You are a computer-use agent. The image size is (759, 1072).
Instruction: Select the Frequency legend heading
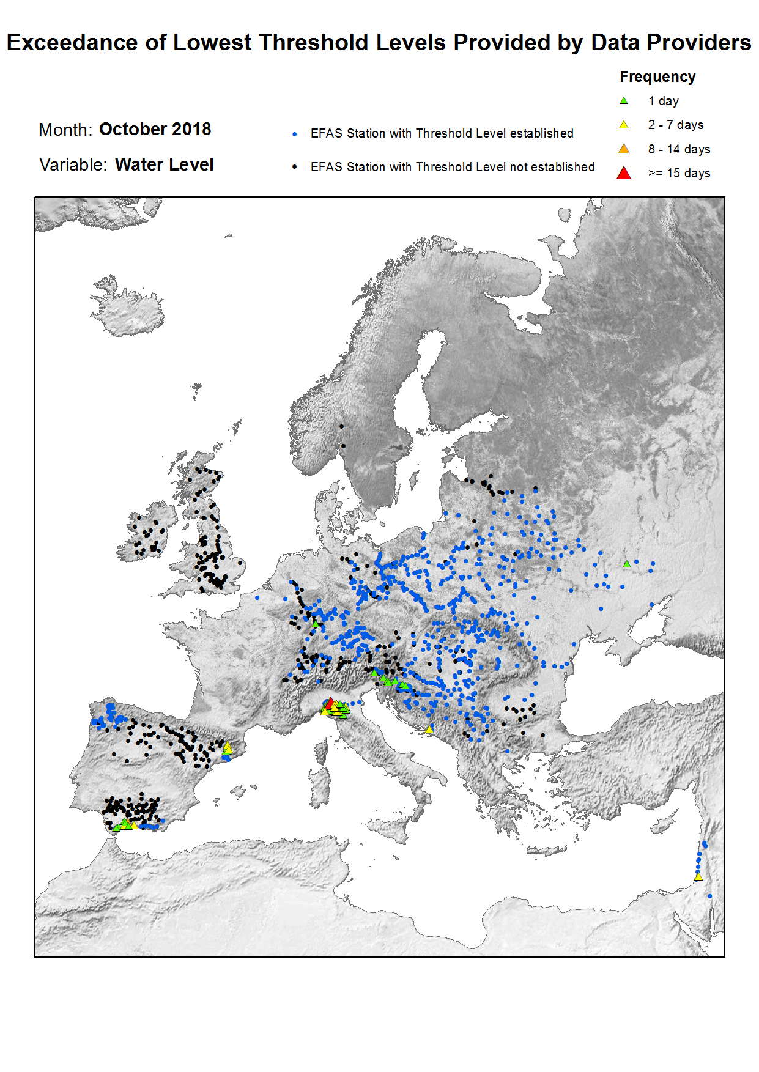pos(657,77)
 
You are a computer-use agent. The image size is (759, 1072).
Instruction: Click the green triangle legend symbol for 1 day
pos(624,101)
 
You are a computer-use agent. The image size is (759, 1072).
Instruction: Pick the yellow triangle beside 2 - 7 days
pos(624,125)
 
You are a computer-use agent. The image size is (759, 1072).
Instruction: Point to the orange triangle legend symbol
pos(624,149)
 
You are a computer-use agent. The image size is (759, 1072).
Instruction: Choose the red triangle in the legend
pos(624,173)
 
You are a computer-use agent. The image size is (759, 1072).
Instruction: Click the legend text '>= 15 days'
pos(679,173)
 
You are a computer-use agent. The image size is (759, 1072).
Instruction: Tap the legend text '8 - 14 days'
pos(679,149)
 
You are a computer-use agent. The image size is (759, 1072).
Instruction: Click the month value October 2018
pos(155,130)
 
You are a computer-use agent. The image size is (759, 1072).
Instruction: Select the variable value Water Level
pos(164,165)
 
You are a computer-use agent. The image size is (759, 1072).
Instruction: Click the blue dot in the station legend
pos(295,134)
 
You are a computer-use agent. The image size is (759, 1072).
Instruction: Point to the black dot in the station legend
pos(295,167)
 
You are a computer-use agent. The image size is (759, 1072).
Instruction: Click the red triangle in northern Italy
pos(330,703)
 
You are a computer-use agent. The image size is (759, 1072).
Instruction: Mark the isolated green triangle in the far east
pos(626,564)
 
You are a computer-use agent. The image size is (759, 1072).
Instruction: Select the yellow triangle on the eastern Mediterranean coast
pos(698,878)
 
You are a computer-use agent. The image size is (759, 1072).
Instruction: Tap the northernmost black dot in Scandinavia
pos(341,426)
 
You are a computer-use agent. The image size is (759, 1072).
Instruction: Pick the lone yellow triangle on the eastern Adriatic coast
pos(429,730)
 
